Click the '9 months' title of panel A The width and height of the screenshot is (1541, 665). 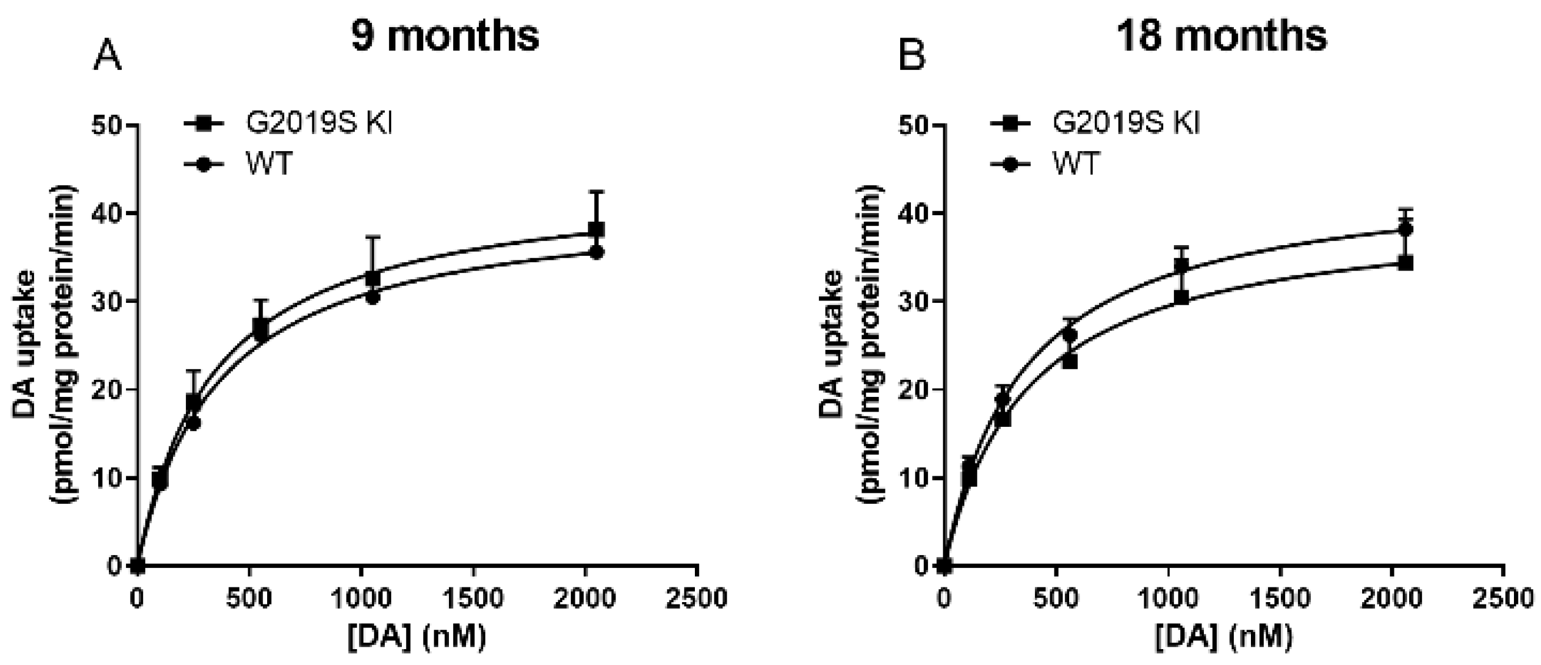445,37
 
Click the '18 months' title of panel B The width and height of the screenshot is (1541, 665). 1222,37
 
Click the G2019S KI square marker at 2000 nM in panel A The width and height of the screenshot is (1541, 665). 597,229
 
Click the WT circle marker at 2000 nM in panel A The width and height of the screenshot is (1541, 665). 597,252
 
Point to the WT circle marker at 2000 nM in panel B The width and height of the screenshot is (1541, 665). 1406,229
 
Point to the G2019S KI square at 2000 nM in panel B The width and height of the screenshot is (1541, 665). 1406,263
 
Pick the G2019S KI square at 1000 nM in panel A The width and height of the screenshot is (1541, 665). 372,279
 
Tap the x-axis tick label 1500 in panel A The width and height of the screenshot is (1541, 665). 474,598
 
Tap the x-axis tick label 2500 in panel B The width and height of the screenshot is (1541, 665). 1503,598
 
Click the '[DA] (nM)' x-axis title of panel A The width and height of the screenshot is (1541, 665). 417,637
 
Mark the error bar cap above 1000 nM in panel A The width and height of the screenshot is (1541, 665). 372,237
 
